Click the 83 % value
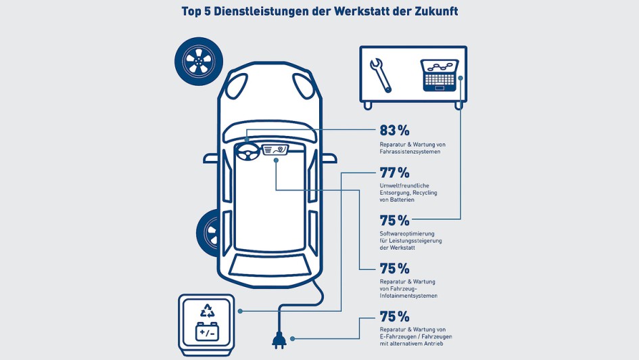[394, 131]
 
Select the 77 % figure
[394, 172]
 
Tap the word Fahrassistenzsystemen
[410, 152]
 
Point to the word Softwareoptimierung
[411, 233]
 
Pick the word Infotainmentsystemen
[408, 296]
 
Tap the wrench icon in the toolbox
[381, 74]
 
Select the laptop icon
[440, 74]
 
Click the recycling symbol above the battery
[207, 311]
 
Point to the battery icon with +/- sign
[207, 332]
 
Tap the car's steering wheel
[246, 153]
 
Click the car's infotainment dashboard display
[275, 150]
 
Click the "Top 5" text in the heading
[198, 12]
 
